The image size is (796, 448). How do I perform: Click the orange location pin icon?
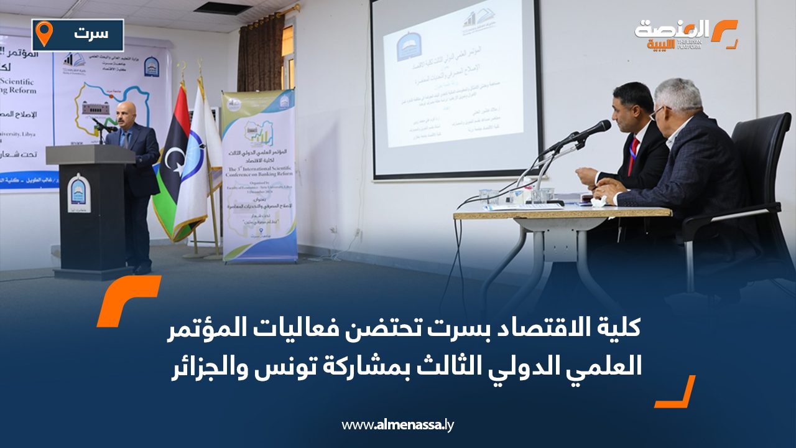44,33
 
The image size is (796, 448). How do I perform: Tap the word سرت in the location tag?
90,34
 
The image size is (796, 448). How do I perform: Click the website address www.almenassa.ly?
398,425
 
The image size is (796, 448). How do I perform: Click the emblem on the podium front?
79,192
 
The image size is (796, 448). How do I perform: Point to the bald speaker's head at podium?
126,113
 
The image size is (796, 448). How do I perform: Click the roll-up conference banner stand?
259,174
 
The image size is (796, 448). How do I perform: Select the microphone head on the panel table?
594,128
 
